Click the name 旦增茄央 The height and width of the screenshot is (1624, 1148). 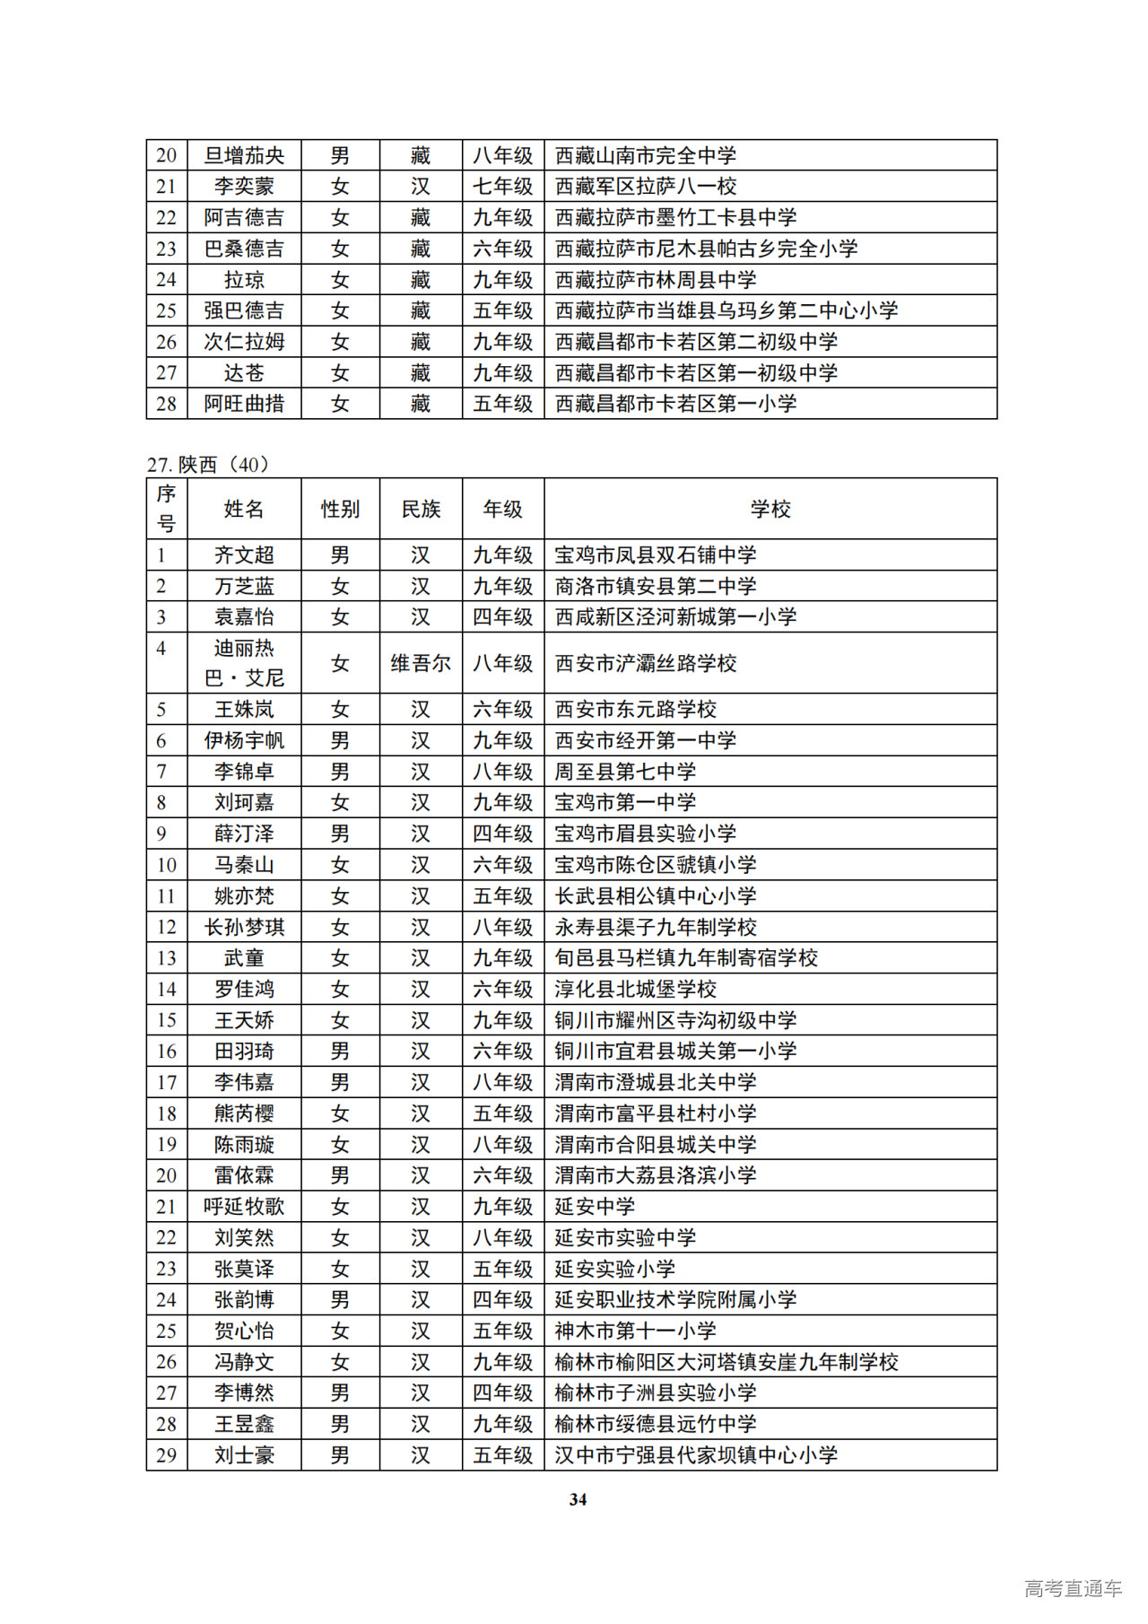pos(244,155)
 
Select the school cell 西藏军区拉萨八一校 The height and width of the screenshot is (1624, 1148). pos(646,187)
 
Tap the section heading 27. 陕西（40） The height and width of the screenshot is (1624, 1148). pos(208,464)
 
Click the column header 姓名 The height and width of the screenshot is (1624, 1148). pos(244,509)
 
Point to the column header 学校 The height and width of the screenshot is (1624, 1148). pos(770,509)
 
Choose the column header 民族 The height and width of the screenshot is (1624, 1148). pos(421,509)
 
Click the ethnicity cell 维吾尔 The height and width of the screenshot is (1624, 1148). pos(421,663)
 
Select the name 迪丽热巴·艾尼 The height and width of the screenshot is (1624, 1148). pos(244,663)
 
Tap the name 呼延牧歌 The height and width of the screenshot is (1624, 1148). pos(244,1207)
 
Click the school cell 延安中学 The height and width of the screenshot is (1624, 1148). pos(595,1207)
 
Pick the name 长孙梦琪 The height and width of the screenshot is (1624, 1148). pos(244,927)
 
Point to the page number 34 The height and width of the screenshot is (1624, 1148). pos(578,1499)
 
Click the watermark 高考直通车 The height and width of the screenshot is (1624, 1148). pos(1073,1588)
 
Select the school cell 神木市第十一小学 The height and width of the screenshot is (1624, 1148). pos(635,1331)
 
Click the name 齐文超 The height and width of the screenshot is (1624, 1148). pos(244,555)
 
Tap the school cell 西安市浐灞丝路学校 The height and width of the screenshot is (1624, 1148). pos(646,663)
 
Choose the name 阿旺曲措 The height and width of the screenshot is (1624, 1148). pos(244,404)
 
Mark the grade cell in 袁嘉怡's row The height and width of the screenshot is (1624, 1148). pos(503,617)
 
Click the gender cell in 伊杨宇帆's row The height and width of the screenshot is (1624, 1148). pos(340,741)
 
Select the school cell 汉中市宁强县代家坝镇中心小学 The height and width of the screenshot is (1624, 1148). pos(696,1455)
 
